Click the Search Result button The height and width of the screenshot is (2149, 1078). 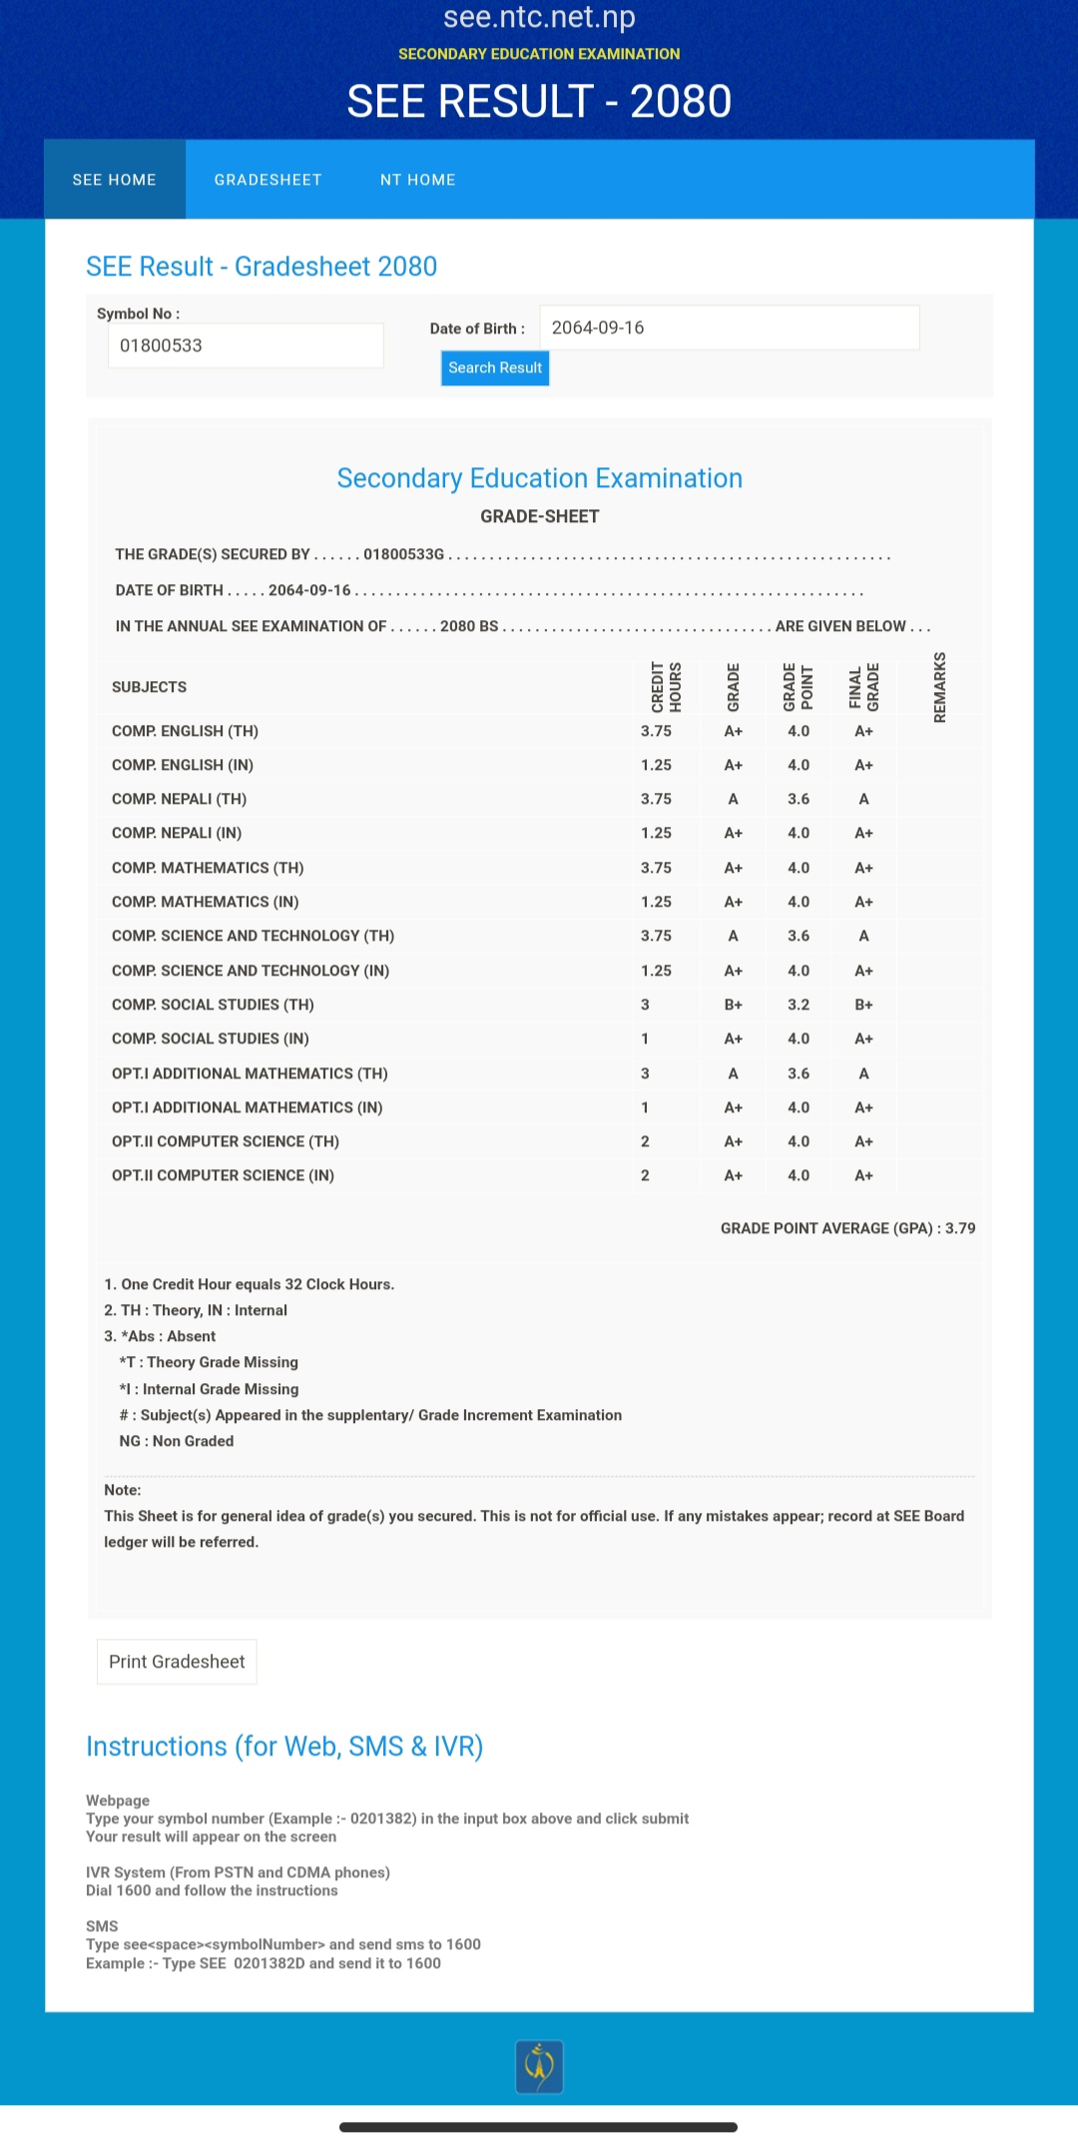click(495, 367)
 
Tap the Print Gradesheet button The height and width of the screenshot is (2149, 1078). click(177, 1662)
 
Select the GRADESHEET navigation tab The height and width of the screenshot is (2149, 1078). click(268, 180)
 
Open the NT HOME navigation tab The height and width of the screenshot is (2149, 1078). click(417, 180)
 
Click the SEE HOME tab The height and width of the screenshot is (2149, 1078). click(115, 180)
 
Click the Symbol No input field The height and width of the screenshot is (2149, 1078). click(246, 346)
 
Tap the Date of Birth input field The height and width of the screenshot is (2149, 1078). click(729, 328)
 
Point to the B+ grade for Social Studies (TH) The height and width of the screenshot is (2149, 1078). click(733, 1005)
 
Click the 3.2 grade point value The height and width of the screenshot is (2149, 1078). click(799, 1005)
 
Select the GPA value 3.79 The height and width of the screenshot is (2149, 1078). click(960, 1228)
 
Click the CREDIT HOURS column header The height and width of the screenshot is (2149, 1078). click(666, 687)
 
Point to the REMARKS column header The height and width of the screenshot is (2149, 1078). click(939, 687)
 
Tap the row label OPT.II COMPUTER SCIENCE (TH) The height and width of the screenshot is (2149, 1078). click(226, 1141)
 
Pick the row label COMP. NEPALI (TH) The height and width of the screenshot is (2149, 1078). click(180, 799)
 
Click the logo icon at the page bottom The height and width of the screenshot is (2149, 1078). click(539, 2066)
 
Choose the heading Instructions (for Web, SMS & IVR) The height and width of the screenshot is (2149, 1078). click(284, 1747)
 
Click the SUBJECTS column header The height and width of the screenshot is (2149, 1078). click(150, 687)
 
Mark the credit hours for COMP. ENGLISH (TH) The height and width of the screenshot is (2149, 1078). click(656, 731)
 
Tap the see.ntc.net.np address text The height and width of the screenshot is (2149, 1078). click(539, 17)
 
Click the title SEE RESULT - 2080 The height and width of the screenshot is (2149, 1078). click(539, 101)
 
